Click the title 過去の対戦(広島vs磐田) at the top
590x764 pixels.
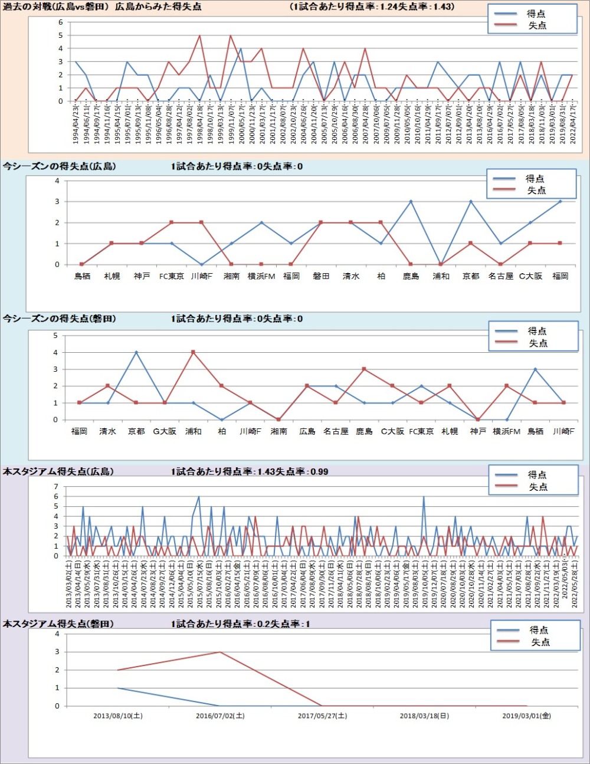pos(56,6)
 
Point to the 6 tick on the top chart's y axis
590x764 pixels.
pos(60,22)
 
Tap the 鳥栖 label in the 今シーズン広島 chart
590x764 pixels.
pos(82,276)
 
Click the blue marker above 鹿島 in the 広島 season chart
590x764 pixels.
pos(411,202)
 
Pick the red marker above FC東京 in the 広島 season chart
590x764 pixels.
pos(172,222)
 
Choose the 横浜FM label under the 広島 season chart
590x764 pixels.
pos(261,276)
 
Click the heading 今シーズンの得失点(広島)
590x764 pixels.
pos(59,166)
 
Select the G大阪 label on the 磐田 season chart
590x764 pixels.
pos(165,431)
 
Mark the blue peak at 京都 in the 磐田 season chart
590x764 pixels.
pos(136,352)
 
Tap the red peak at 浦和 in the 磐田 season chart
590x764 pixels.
pos(194,352)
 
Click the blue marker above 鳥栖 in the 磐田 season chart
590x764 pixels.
pos(535,369)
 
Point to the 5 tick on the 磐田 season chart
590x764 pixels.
pos(55,336)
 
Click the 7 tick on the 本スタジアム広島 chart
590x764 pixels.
pos(56,487)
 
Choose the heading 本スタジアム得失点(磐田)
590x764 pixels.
pos(58,624)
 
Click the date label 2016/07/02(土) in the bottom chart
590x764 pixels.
pos(220,716)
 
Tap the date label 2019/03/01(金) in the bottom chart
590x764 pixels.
pos(526,716)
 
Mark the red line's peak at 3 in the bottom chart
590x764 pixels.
pos(220,652)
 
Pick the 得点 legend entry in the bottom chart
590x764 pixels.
pos(538,630)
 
